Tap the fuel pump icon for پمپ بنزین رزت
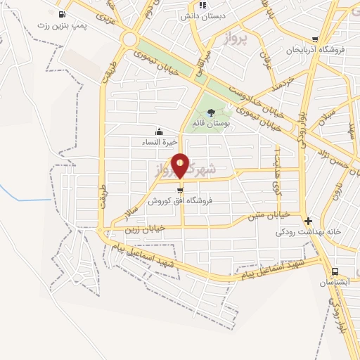click(x=62, y=14)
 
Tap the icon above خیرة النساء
click(x=160, y=131)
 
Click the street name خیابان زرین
click(x=144, y=227)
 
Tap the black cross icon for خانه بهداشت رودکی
click(x=308, y=221)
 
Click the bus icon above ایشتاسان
click(x=334, y=271)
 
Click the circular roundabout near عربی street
click(x=129, y=39)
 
